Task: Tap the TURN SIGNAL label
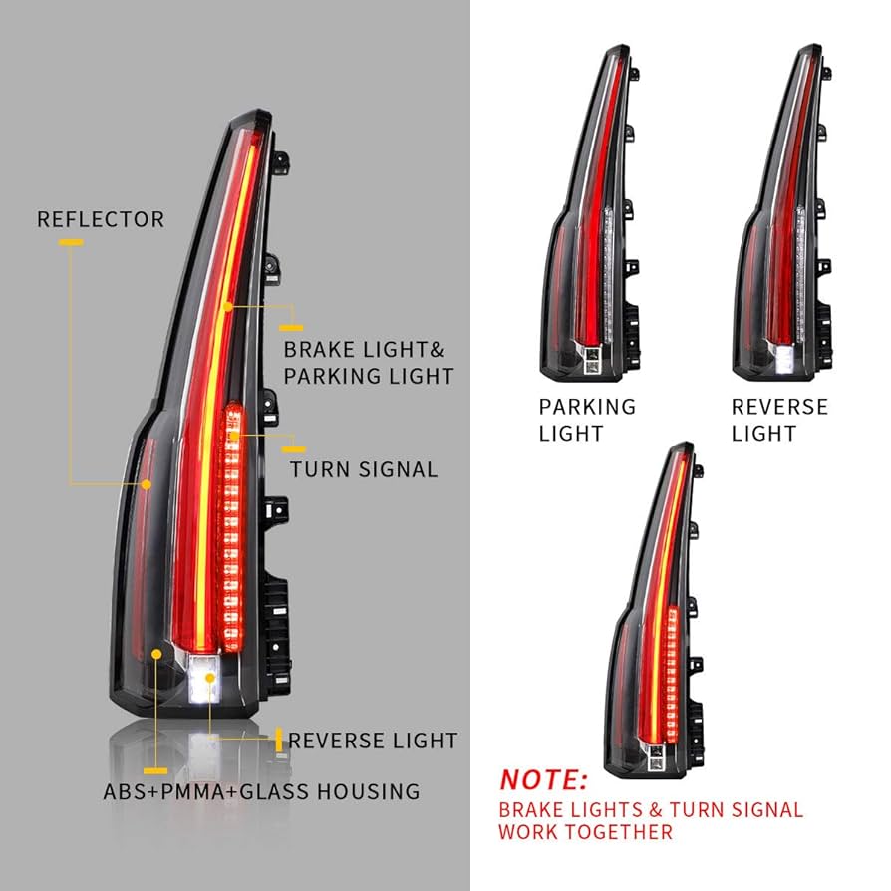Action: click(x=364, y=468)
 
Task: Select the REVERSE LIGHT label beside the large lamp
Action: click(x=373, y=741)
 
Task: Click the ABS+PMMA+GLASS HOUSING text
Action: click(x=261, y=792)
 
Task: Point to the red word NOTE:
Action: click(x=544, y=778)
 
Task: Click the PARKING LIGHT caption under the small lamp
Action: click(x=587, y=420)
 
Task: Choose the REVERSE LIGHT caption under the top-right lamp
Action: click(x=779, y=420)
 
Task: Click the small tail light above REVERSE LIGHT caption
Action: click(x=782, y=214)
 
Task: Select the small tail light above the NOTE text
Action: click(x=658, y=608)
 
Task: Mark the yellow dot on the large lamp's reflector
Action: click(x=148, y=484)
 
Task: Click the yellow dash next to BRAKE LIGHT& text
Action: click(x=290, y=326)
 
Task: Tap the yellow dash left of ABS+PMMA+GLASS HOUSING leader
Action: click(x=154, y=769)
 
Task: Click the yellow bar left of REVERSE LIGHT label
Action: click(x=277, y=740)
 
